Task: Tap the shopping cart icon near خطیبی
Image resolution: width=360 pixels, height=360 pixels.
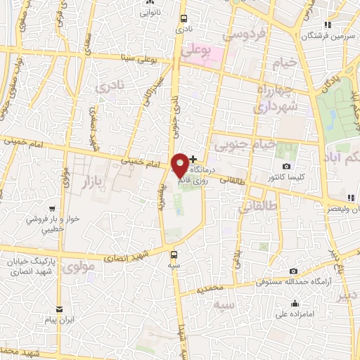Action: point(52,208)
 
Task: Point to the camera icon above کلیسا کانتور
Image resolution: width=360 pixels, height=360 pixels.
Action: point(286,166)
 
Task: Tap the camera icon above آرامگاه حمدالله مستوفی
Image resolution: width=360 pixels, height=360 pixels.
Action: point(293,271)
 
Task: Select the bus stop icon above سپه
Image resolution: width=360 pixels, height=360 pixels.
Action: point(174,256)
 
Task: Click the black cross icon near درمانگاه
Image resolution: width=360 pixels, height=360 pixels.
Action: point(194,160)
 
